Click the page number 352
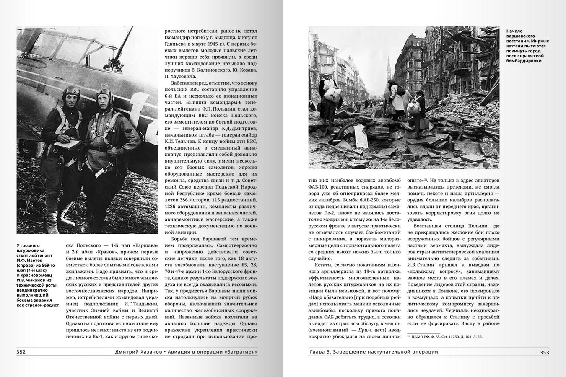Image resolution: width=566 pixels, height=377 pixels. pos(21,352)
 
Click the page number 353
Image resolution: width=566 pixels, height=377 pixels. pos(544,352)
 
